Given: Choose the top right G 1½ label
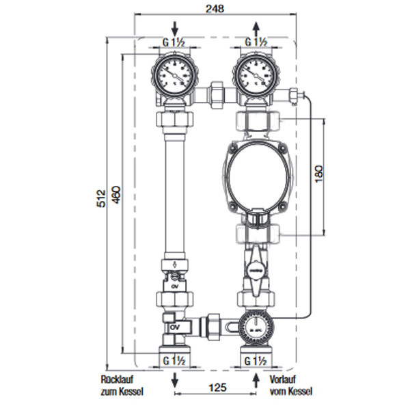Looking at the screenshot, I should (256, 42).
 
